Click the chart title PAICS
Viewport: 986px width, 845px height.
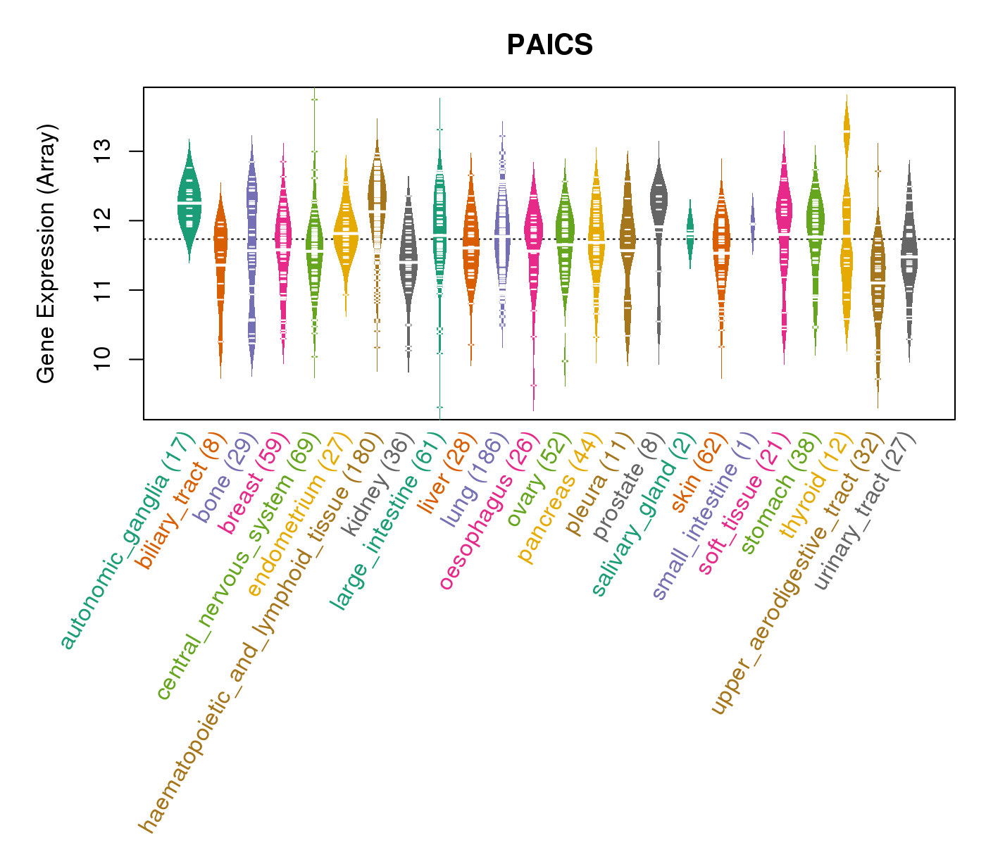(x=549, y=45)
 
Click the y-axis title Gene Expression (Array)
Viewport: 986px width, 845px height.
(x=46, y=254)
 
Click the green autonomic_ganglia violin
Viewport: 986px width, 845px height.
(x=189, y=201)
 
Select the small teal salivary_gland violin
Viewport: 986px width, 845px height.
(x=690, y=232)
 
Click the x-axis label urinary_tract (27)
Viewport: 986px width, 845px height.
(x=866, y=513)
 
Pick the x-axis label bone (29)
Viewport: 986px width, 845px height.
(x=220, y=478)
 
